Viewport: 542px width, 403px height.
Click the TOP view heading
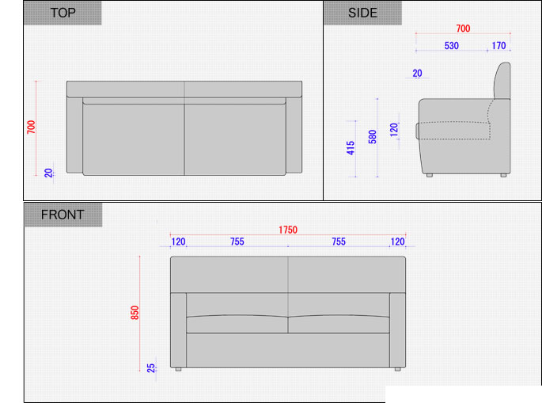(x=63, y=13)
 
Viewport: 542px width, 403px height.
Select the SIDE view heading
(x=362, y=13)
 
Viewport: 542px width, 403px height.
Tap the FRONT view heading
(x=63, y=215)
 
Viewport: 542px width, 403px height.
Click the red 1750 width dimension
(x=288, y=230)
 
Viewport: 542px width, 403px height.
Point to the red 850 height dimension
(x=135, y=313)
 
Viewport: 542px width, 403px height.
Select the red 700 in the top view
(x=31, y=127)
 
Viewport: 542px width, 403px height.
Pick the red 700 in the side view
(x=463, y=29)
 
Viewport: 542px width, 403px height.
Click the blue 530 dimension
(x=452, y=46)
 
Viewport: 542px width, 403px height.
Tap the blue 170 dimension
(x=498, y=46)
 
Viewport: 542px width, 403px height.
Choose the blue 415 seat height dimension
(x=351, y=148)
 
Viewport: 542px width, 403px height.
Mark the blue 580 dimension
(x=373, y=137)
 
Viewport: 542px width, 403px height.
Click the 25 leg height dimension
(x=151, y=368)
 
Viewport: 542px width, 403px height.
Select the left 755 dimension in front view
(x=237, y=241)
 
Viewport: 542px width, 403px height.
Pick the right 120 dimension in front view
(x=397, y=241)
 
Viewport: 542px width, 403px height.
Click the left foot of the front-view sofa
(x=178, y=370)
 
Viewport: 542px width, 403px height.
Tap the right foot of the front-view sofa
(x=398, y=370)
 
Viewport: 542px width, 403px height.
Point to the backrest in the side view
(x=502, y=81)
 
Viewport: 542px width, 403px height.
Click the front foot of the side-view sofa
(x=430, y=176)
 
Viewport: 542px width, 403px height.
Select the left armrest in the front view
(x=178, y=330)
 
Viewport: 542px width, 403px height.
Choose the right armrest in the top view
(x=294, y=135)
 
